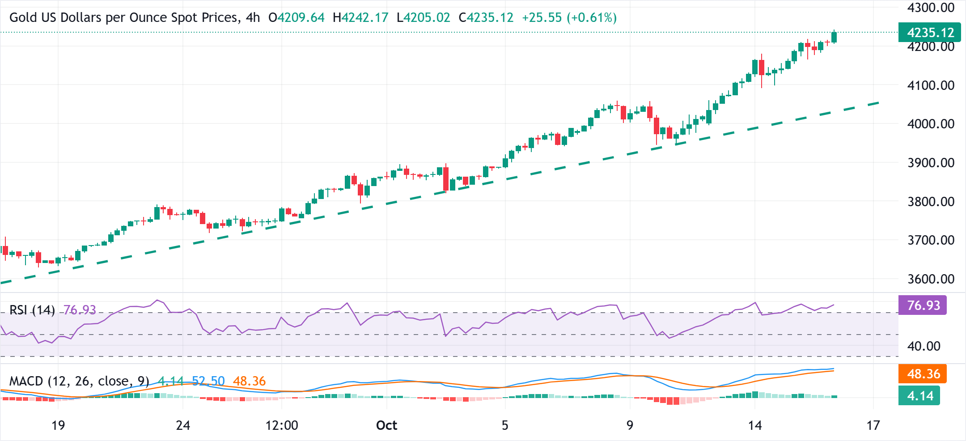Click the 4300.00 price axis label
(931, 8)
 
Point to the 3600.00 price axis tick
(931, 279)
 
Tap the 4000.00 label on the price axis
(931, 124)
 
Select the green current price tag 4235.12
(929, 33)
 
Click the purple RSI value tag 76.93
(923, 305)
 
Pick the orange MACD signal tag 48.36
(923, 374)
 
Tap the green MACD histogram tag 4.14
(919, 396)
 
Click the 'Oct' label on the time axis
(386, 425)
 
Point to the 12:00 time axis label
(282, 425)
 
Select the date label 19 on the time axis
(58, 425)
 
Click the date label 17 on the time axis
(873, 425)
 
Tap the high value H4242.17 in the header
(360, 18)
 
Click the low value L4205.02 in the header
(423, 18)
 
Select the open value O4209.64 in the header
(296, 18)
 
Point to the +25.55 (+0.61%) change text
(569, 18)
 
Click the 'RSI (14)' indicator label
(32, 310)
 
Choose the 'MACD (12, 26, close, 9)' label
(79, 381)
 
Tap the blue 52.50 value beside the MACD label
(208, 381)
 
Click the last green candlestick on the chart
(834, 37)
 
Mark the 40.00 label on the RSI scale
(924, 346)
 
